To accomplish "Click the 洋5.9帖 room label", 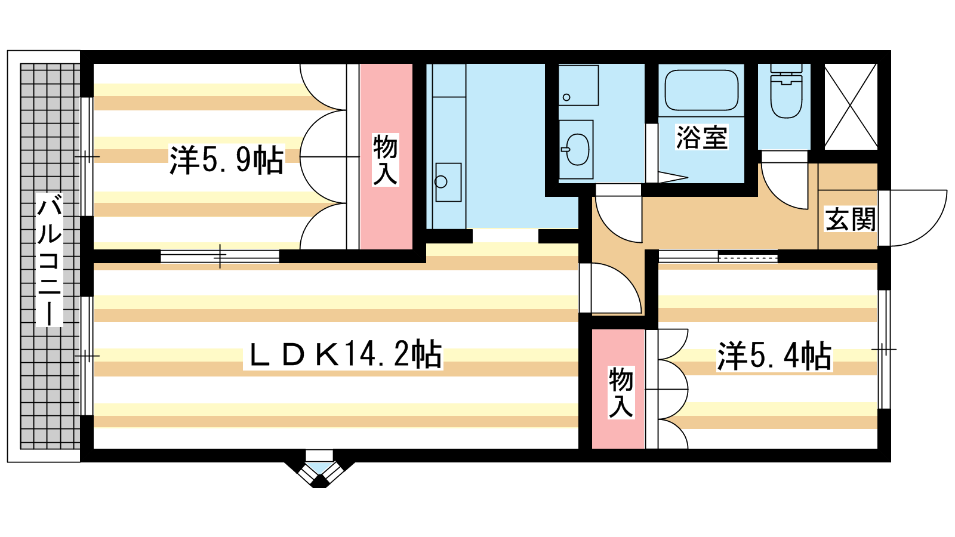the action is click(226, 160).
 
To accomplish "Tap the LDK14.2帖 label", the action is click(344, 354).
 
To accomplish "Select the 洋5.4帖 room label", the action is click(774, 356).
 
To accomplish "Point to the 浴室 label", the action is click(702, 137).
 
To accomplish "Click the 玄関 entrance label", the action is click(851, 219).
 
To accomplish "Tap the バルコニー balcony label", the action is click(50, 260).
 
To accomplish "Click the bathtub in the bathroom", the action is click(701, 90).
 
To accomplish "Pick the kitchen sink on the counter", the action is click(448, 182).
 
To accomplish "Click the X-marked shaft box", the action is click(851, 107).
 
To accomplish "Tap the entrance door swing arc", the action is click(912, 218).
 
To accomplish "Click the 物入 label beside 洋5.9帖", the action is click(386, 160).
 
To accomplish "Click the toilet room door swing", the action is click(785, 186).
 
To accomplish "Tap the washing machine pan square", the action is click(578, 85).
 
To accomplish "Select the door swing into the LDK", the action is click(610, 288).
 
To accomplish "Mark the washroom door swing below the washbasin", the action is click(618, 219).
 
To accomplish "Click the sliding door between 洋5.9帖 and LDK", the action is click(220, 257).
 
